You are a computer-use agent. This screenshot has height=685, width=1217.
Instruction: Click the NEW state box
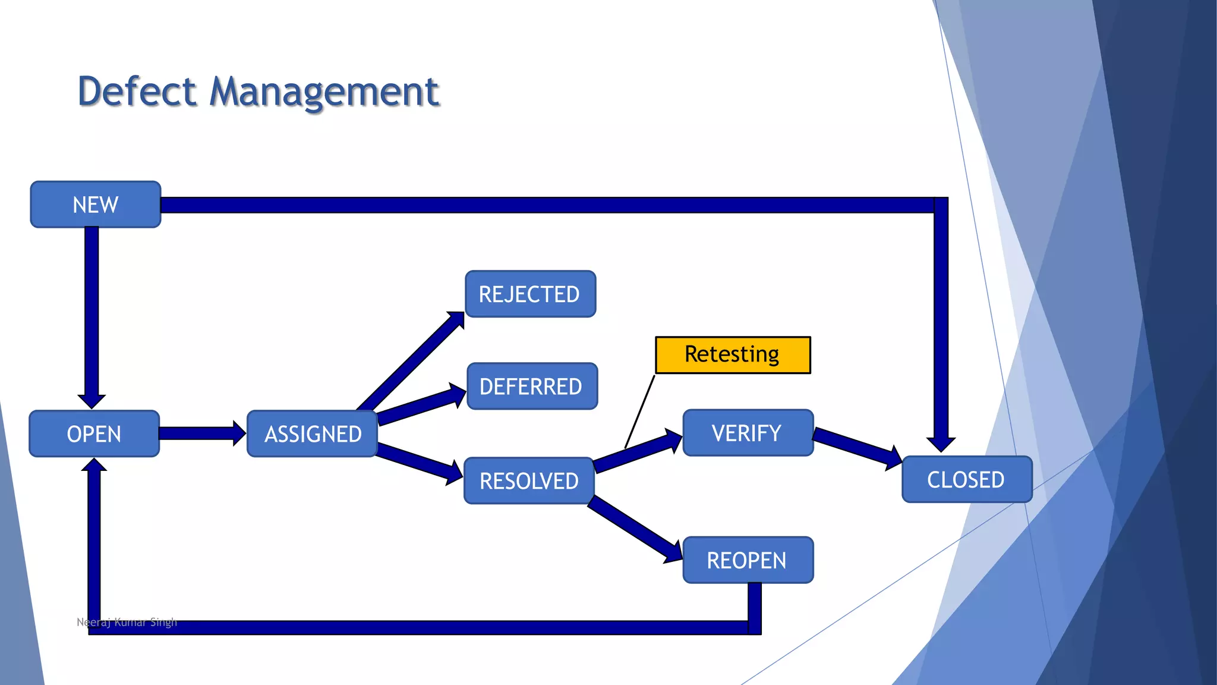click(x=95, y=205)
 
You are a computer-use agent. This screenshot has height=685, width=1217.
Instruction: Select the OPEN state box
click(x=94, y=433)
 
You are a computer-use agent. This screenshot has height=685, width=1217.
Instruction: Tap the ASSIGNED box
click(x=313, y=433)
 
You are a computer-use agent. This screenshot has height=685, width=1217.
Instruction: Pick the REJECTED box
click(x=530, y=294)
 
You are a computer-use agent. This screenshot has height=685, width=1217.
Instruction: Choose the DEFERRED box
click(x=532, y=386)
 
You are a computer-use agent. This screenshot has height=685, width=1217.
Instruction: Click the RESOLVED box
click(x=529, y=480)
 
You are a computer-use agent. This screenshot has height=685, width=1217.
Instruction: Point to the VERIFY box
click(x=748, y=433)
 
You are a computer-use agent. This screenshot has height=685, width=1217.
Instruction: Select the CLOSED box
click(x=966, y=479)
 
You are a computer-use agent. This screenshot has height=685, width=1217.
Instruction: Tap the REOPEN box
click(x=748, y=560)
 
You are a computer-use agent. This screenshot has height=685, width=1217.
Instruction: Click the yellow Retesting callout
click(x=732, y=355)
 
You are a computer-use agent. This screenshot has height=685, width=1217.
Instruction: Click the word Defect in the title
click(x=137, y=92)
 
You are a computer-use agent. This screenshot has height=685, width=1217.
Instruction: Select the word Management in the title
click(x=324, y=92)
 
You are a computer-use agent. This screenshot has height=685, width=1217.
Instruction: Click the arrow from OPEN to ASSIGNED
click(x=199, y=433)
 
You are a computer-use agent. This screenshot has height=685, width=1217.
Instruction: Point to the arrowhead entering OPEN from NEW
click(x=92, y=401)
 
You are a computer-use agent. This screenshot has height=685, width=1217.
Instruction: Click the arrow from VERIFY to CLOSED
click(x=856, y=446)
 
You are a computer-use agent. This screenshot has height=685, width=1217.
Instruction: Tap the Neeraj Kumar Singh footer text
click(x=127, y=622)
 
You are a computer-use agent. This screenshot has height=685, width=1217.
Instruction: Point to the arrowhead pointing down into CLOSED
click(x=941, y=444)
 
